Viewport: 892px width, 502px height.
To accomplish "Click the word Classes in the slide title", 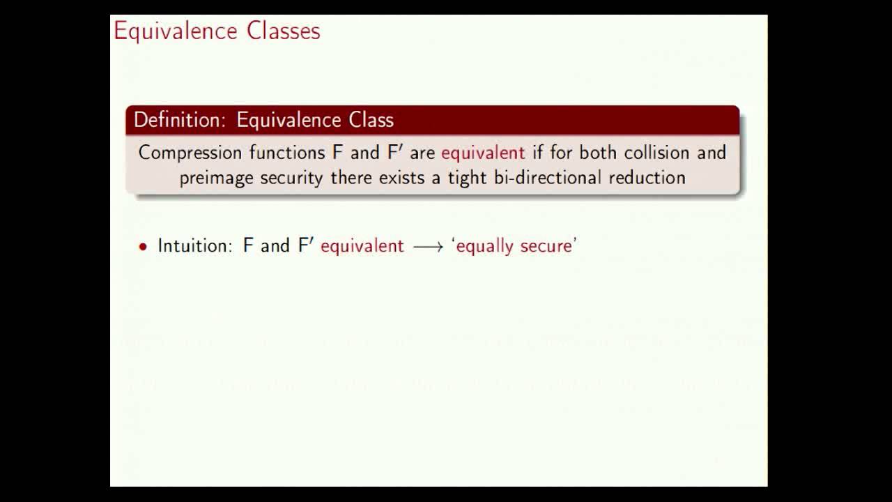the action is pyautogui.click(x=284, y=31).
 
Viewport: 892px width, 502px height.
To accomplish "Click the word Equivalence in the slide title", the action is pyautogui.click(x=176, y=31).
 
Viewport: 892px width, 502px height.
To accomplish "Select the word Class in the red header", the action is pyautogui.click(x=371, y=120).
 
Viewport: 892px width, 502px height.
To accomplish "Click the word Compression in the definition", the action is pyautogui.click(x=190, y=153).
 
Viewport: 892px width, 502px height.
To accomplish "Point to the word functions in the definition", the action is pyautogui.click(x=287, y=153).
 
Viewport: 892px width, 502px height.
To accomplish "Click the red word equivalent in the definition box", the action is pyautogui.click(x=483, y=153).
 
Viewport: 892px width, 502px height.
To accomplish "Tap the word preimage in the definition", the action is pyautogui.click(x=216, y=178).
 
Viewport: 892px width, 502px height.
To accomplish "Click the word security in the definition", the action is pyautogui.click(x=291, y=178).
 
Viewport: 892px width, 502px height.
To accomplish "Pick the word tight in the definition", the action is pyautogui.click(x=468, y=178).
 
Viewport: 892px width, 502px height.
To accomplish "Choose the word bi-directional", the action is pyautogui.click(x=548, y=177).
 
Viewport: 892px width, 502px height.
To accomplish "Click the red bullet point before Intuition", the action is pyautogui.click(x=143, y=247).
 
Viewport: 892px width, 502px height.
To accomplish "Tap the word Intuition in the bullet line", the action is pyautogui.click(x=194, y=245).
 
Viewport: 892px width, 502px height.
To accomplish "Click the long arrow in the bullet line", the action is pyautogui.click(x=428, y=247).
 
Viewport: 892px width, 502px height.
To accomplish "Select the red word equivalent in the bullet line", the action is pyautogui.click(x=362, y=246).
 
